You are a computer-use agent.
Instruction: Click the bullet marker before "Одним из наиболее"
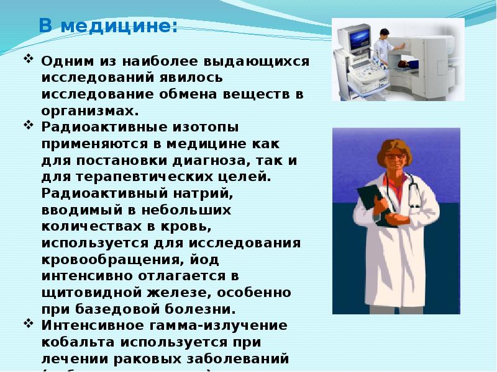[x=29, y=61]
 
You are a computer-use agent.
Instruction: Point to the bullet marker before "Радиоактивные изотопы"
[x=29, y=125]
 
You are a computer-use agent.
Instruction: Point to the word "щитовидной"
[x=91, y=291]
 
